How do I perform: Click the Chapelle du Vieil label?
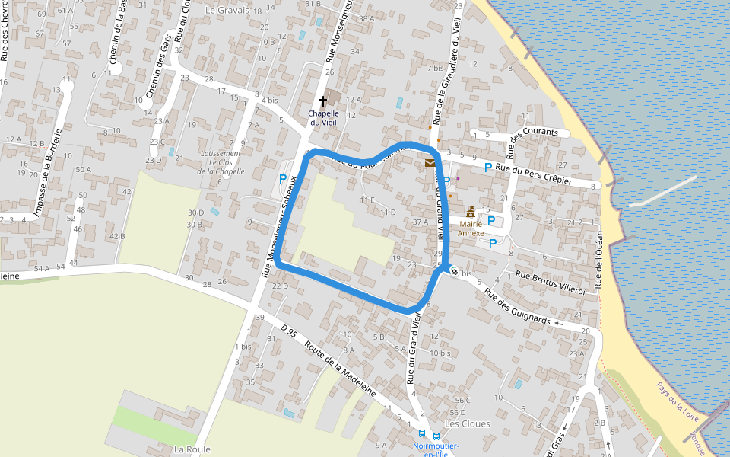click(322, 118)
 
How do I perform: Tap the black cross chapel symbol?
click(322, 101)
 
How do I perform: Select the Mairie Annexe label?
click(471, 228)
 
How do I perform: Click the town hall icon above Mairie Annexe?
click(471, 213)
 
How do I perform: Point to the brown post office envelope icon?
click(430, 162)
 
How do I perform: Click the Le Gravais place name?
click(227, 11)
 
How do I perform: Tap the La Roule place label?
click(192, 449)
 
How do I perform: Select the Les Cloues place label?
click(468, 423)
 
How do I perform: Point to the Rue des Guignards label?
click(517, 308)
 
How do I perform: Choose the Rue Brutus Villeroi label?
click(551, 283)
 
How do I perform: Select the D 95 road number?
click(287, 330)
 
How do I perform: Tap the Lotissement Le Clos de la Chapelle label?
click(220, 162)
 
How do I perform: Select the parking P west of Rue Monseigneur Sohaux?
click(283, 179)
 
